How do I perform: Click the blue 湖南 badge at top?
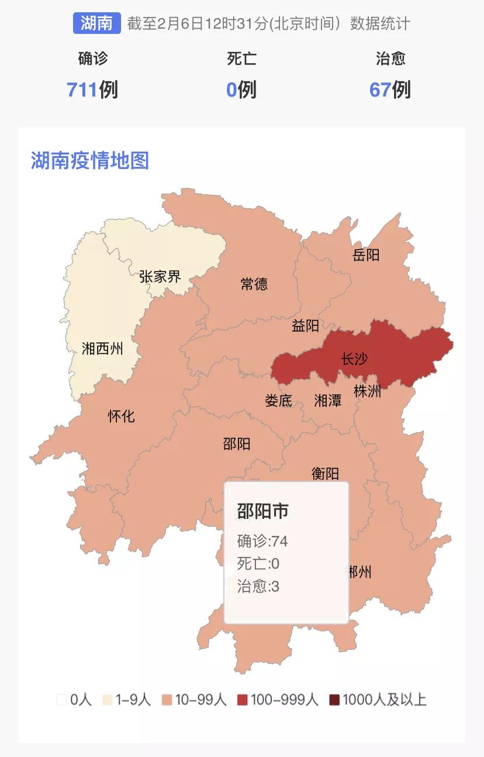pyautogui.click(x=96, y=23)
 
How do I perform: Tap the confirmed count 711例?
pyautogui.click(x=92, y=90)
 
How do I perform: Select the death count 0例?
pyautogui.click(x=241, y=90)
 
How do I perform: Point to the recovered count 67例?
pyautogui.click(x=390, y=90)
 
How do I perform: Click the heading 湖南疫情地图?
pyautogui.click(x=90, y=160)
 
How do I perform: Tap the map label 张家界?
pyautogui.click(x=160, y=276)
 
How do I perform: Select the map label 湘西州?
pyautogui.click(x=102, y=349)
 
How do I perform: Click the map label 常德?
pyautogui.click(x=254, y=284)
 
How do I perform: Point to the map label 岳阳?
pyautogui.click(x=367, y=254)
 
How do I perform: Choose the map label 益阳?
pyautogui.click(x=306, y=326)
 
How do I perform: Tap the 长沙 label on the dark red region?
pyautogui.click(x=354, y=359)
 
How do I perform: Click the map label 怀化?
pyautogui.click(x=121, y=416)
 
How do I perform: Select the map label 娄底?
pyautogui.click(x=278, y=401)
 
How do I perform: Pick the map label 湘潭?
pyautogui.click(x=328, y=401)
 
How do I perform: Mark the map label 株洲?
pyautogui.click(x=368, y=391)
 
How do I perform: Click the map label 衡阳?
pyautogui.click(x=325, y=473)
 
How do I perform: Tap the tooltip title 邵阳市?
pyautogui.click(x=263, y=511)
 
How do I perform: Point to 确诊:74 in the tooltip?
pyautogui.click(x=262, y=541)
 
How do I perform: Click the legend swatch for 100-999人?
pyautogui.click(x=243, y=700)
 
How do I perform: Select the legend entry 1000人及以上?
pyautogui.click(x=384, y=700)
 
